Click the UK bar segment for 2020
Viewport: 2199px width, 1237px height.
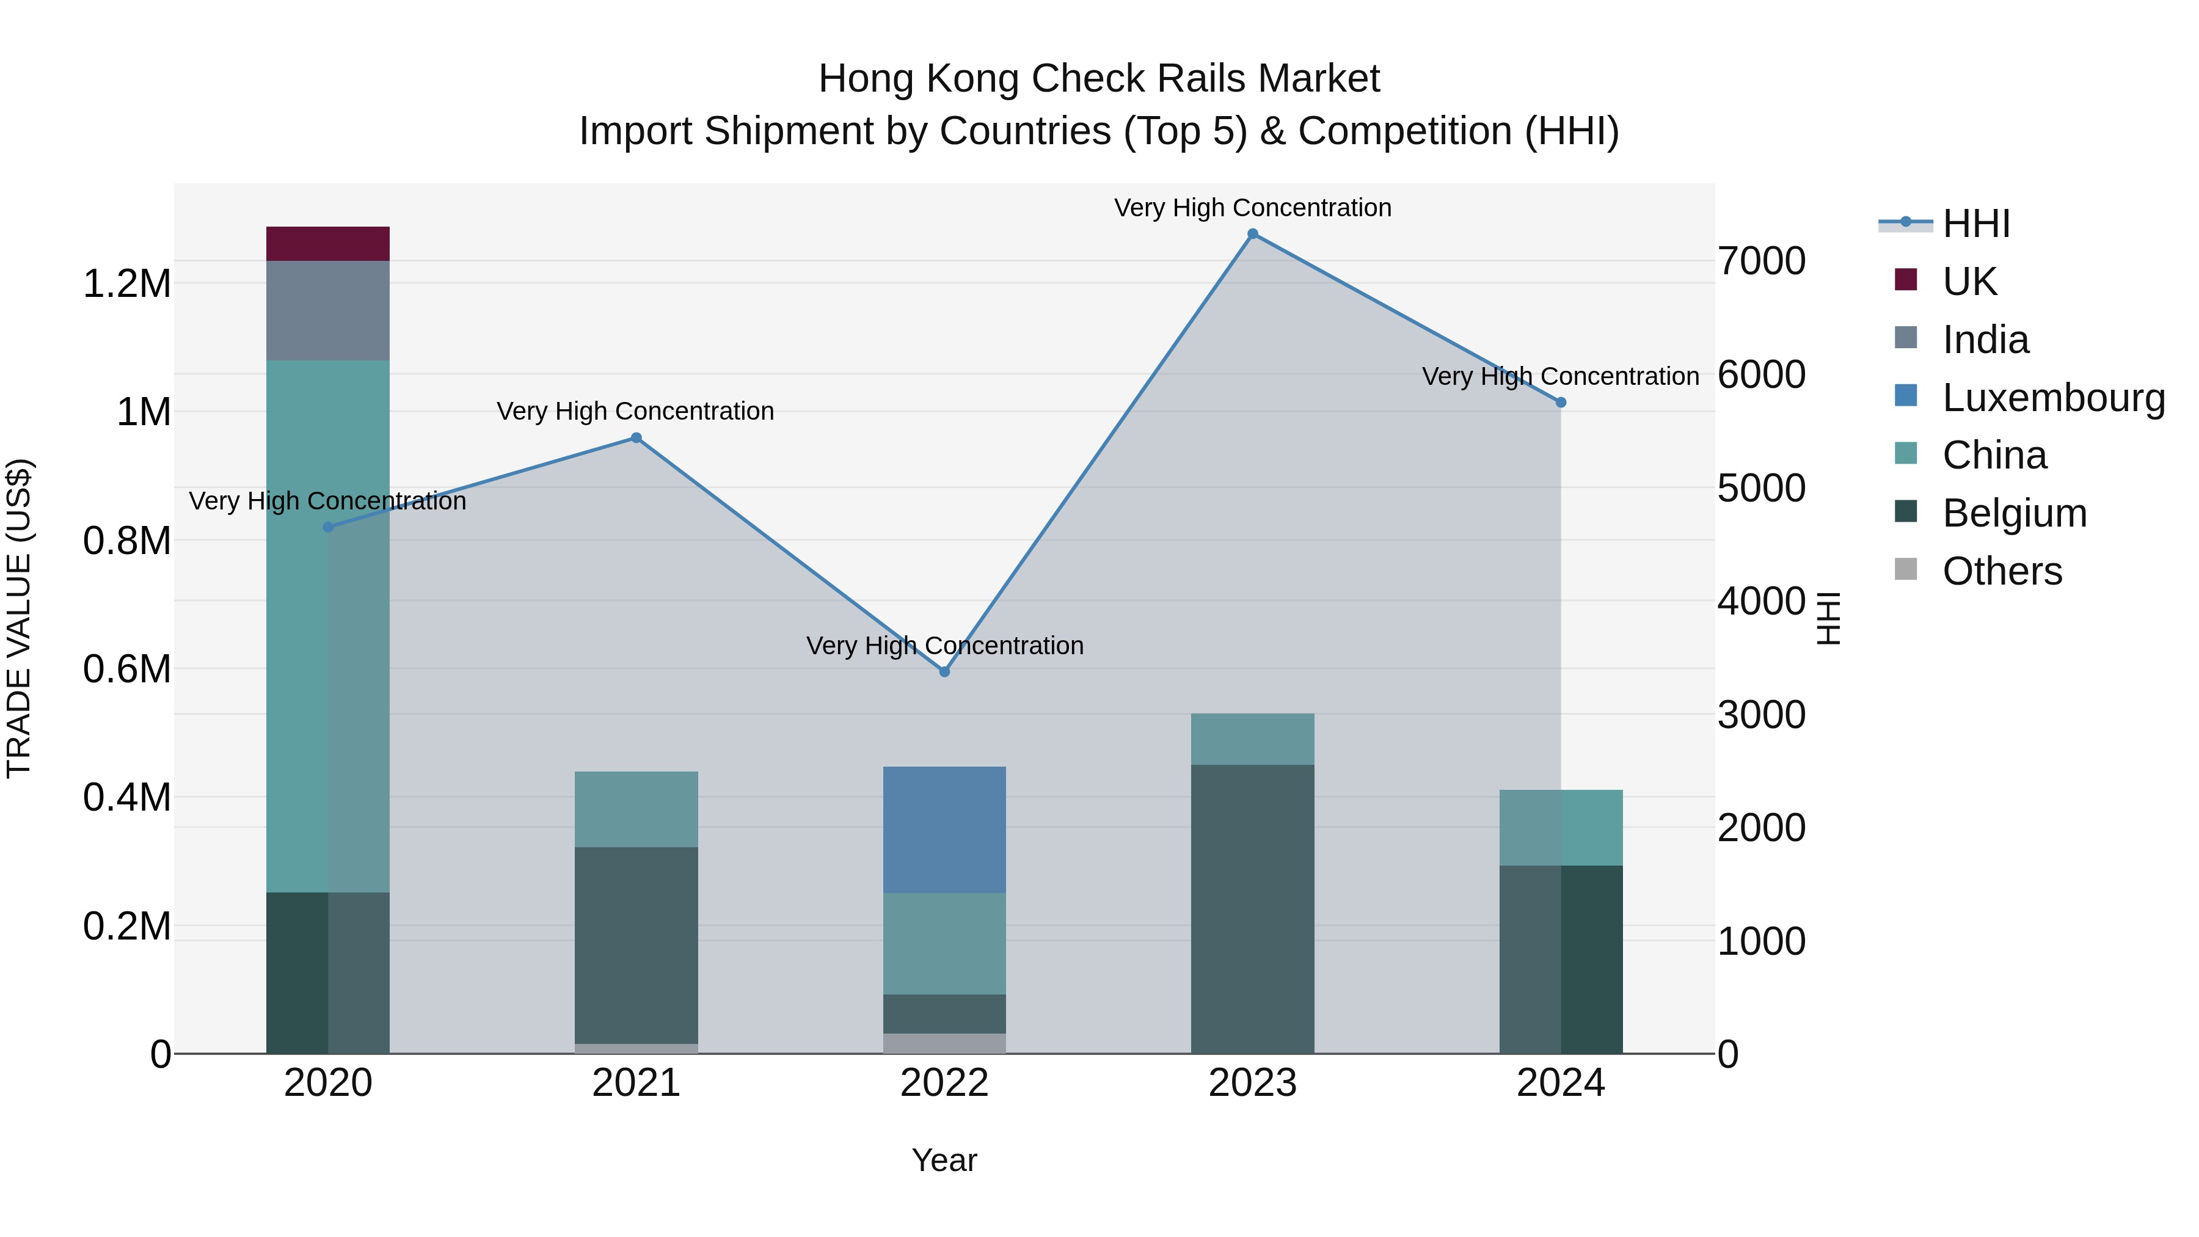(328, 243)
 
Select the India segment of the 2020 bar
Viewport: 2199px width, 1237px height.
(328, 310)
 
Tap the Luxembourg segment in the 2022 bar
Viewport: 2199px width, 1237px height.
(944, 830)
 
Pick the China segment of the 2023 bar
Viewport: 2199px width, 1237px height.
(1252, 739)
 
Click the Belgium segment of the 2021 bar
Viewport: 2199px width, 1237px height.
(636, 945)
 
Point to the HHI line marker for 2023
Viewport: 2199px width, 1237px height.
(1252, 234)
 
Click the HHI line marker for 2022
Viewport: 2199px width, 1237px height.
(944, 672)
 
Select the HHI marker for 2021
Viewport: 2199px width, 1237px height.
(636, 438)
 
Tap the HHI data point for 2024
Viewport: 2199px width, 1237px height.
(1561, 402)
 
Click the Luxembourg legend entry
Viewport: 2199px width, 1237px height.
(2053, 398)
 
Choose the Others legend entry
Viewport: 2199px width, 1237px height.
(2002, 571)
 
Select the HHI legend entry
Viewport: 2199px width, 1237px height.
(1975, 224)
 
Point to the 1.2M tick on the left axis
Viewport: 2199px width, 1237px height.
(127, 283)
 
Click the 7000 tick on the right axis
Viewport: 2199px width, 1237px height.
(1762, 261)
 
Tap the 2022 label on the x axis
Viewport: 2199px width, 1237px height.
(944, 1083)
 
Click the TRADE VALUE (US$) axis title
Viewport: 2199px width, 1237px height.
(19, 618)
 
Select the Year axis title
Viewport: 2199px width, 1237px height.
(944, 1160)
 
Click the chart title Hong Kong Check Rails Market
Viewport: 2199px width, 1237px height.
(1099, 79)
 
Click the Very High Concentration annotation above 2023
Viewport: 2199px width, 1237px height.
(1252, 208)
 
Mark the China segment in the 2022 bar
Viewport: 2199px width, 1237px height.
(944, 943)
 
